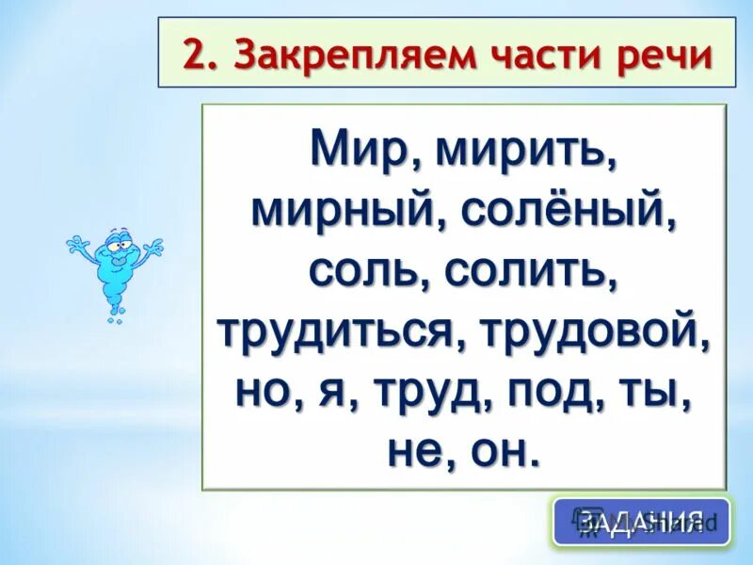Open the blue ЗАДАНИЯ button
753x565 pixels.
tap(640, 521)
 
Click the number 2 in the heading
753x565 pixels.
tap(194, 54)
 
